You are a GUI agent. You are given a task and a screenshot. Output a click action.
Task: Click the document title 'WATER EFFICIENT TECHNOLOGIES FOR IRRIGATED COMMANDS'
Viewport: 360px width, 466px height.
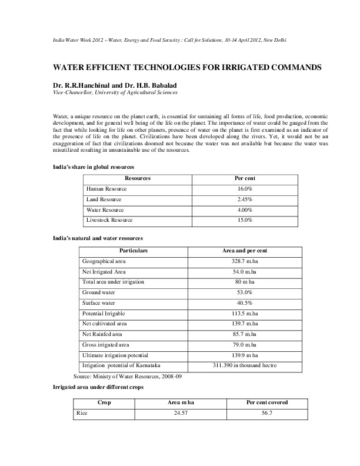(179, 68)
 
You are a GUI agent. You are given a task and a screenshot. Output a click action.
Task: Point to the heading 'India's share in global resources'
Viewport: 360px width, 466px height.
(90, 169)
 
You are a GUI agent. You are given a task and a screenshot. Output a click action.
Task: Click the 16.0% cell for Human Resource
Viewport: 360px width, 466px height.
(245, 188)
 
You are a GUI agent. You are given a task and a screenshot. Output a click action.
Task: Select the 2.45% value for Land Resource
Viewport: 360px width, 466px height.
(245, 199)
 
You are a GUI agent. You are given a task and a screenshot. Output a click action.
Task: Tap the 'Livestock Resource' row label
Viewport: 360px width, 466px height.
(109, 220)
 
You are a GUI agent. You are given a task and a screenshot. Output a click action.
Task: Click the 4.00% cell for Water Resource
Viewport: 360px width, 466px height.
(245, 209)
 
